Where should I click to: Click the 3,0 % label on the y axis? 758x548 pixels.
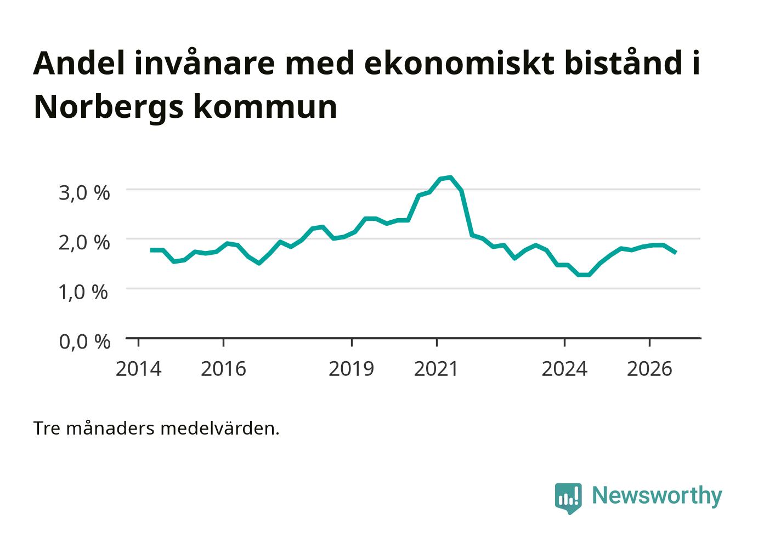(x=84, y=193)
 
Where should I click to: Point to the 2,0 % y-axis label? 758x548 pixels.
(x=84, y=243)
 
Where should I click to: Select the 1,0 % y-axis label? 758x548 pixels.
(x=83, y=293)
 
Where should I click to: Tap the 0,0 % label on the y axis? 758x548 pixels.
(x=84, y=342)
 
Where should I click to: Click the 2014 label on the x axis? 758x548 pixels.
(x=138, y=369)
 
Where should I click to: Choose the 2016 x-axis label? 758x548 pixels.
(x=223, y=369)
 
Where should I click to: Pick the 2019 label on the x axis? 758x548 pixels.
(x=351, y=369)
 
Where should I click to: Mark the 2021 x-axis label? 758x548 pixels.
(x=436, y=369)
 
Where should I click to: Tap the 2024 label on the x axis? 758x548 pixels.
(x=564, y=369)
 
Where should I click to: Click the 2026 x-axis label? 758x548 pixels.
(x=649, y=369)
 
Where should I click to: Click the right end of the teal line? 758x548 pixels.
(x=676, y=253)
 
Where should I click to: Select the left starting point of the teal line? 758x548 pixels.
(x=151, y=250)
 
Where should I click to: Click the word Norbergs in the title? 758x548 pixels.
(x=109, y=108)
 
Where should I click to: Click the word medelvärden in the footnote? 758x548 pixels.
(x=220, y=429)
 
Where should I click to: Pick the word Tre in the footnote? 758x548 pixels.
(x=47, y=429)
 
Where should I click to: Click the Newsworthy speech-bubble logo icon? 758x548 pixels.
(x=568, y=498)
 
